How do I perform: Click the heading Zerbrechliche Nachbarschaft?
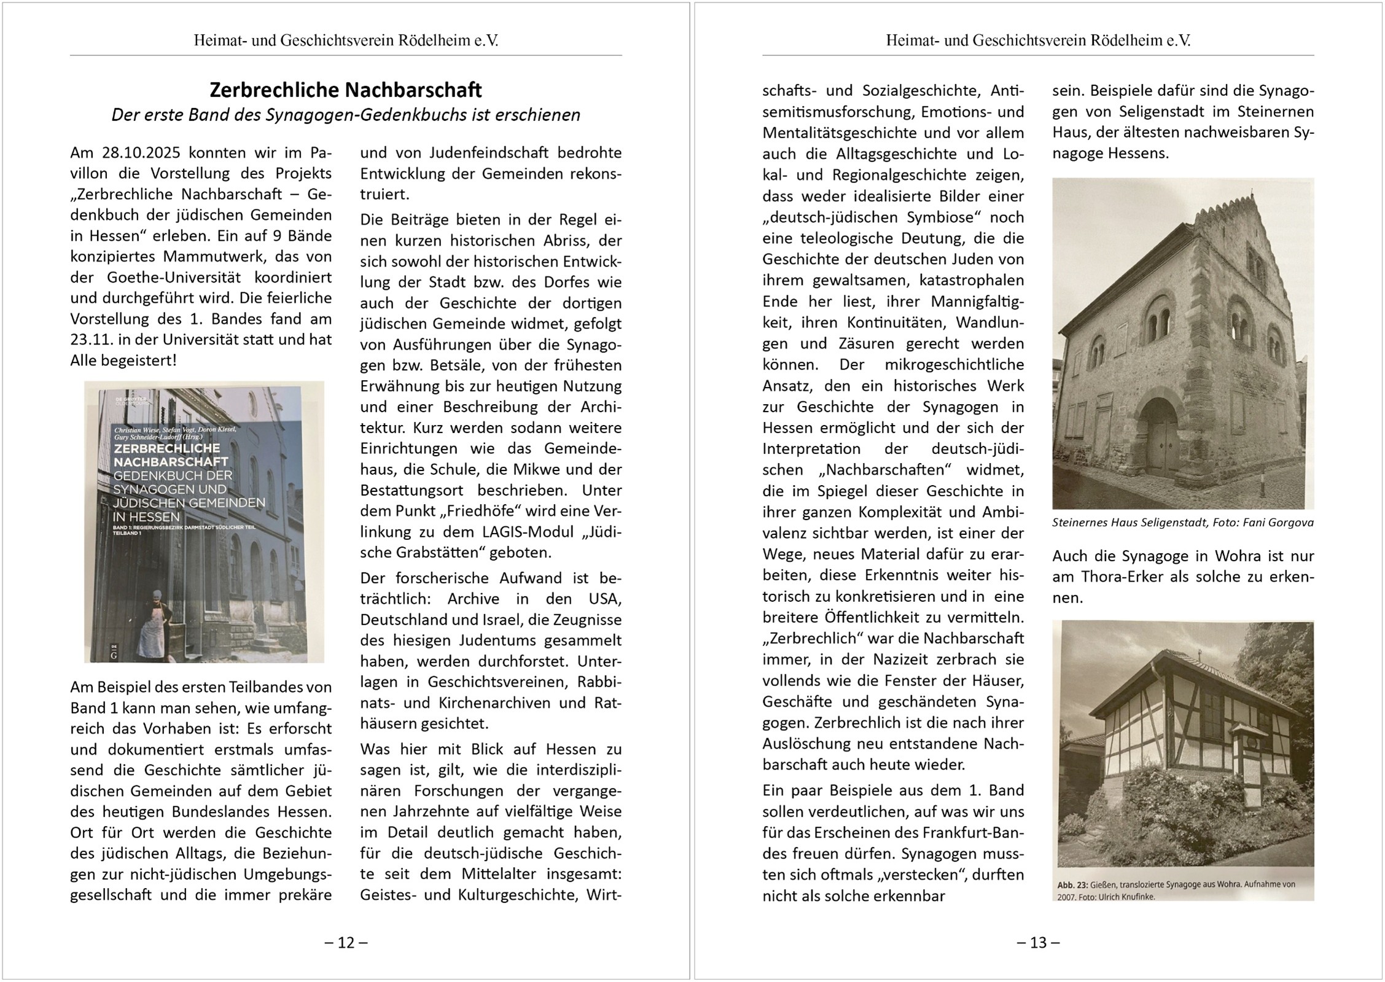(346, 90)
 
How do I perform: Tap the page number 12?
(346, 942)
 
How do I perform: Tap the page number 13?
(1038, 942)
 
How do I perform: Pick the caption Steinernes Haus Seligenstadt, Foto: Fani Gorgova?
(1182, 523)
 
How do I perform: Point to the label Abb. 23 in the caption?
(1072, 885)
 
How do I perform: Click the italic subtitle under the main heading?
(346, 115)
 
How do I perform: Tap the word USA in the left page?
(605, 599)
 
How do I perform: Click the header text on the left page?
(346, 41)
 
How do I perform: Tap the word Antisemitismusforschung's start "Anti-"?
(1007, 91)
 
